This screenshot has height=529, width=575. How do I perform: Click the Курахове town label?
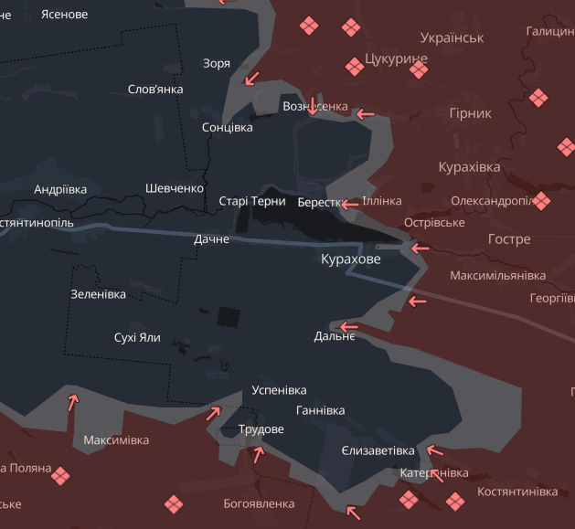point(350,259)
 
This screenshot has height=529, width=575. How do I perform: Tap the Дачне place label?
point(211,239)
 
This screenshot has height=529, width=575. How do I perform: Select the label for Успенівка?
point(279,390)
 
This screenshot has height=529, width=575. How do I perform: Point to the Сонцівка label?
point(227,127)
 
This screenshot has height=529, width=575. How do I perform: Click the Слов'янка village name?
point(155,89)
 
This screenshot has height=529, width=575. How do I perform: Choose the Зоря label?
point(217,63)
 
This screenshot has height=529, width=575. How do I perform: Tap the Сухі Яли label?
point(137,337)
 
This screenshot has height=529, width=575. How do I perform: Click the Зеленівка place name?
point(98,294)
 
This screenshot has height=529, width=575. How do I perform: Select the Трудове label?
point(261,429)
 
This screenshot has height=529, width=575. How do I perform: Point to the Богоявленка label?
point(259,503)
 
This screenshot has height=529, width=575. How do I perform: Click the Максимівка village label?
point(116,440)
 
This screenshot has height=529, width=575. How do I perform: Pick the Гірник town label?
point(470,113)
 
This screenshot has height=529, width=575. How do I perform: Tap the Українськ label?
point(452,37)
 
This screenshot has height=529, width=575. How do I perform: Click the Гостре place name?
point(509,239)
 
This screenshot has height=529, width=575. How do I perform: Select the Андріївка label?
point(60,189)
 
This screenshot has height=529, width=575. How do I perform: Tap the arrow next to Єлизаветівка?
point(434,450)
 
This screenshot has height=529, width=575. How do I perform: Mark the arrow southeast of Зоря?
point(250,79)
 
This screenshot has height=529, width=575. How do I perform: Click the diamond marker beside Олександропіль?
point(542,200)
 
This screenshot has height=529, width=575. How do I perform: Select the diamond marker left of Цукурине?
point(355,66)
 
